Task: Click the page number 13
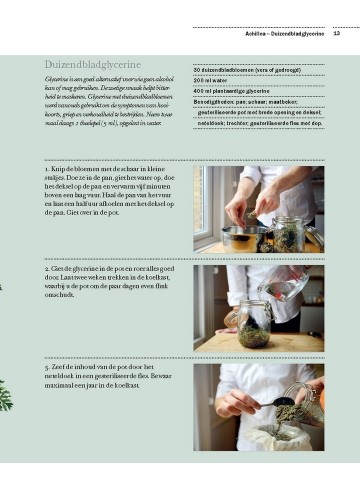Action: pyautogui.click(x=337, y=33)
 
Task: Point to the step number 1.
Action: pyautogui.click(x=47, y=171)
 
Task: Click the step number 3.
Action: pyautogui.click(x=47, y=368)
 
